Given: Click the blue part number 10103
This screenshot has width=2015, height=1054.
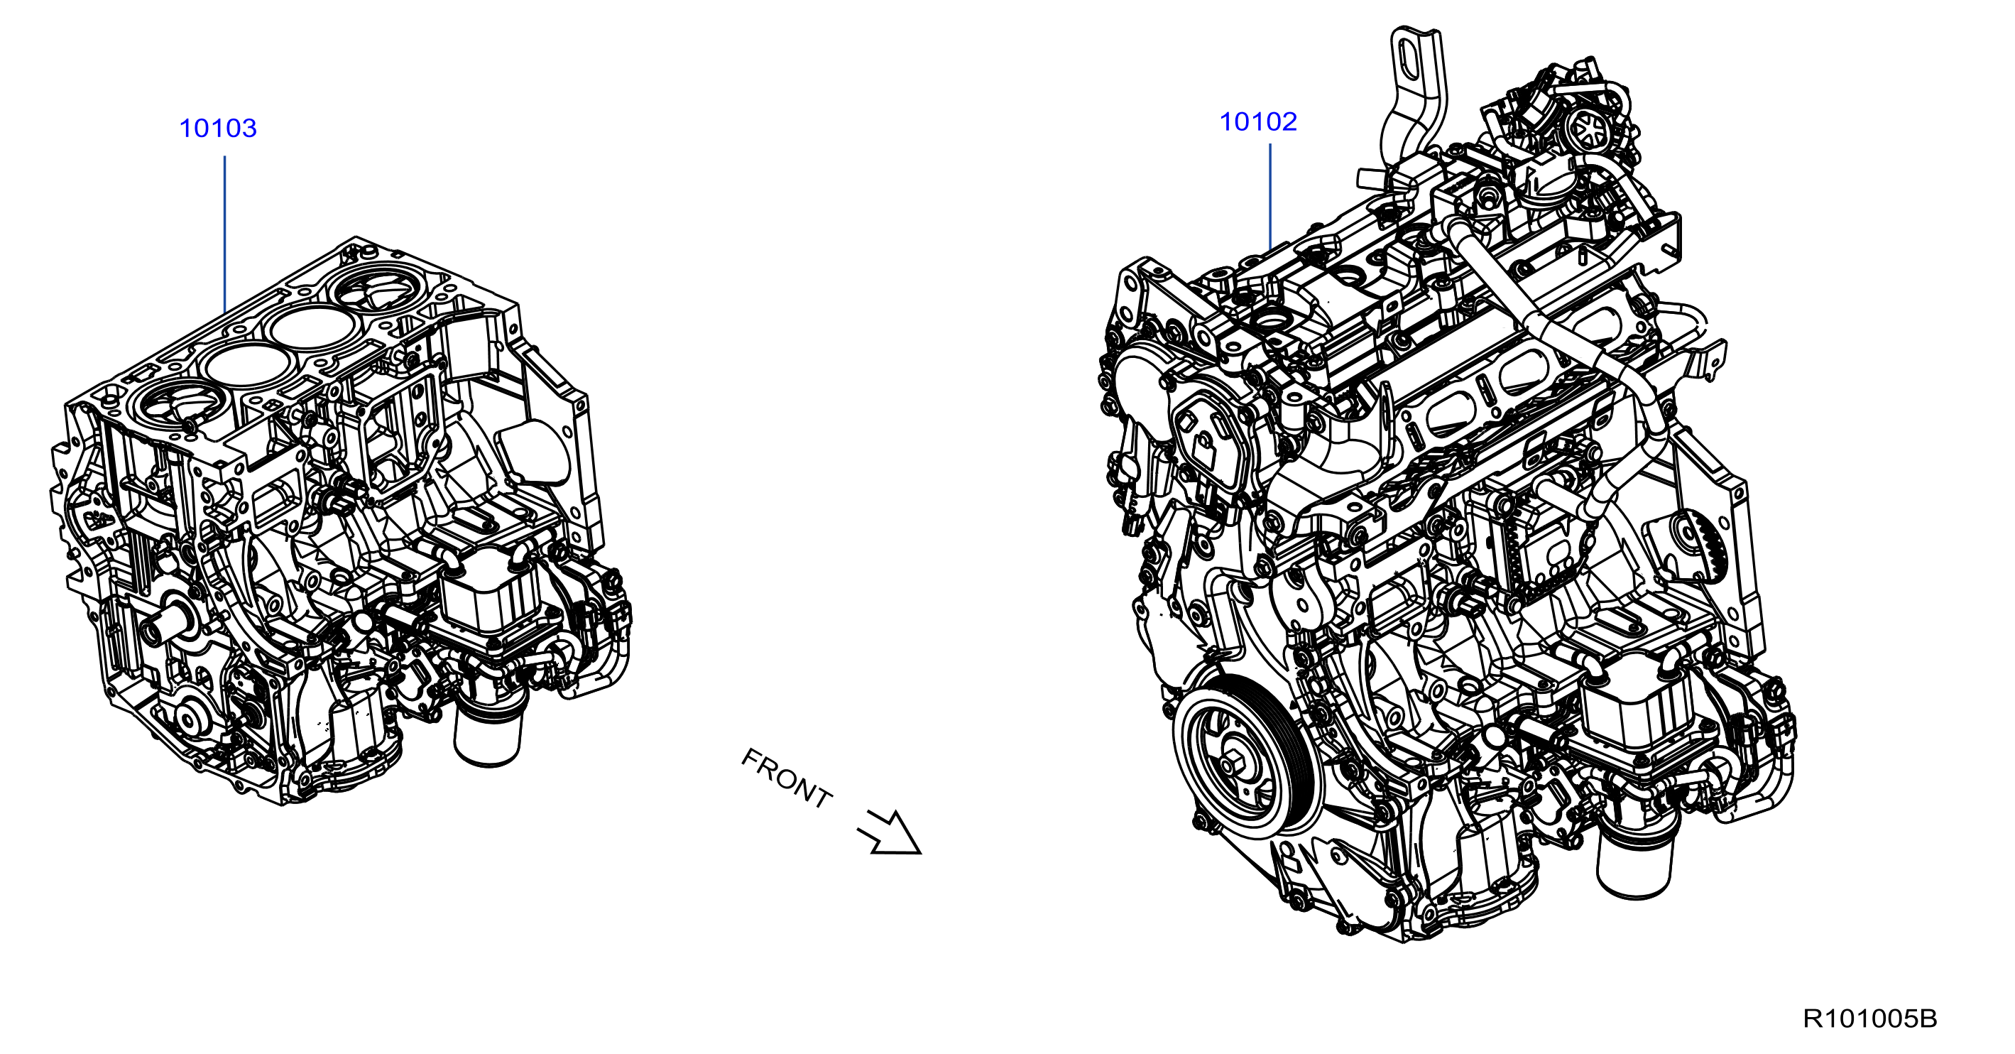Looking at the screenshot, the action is pos(218,129).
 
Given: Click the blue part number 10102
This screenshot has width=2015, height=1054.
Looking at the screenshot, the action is pos(1259,122).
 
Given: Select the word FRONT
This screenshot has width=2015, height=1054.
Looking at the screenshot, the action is pos(786,778).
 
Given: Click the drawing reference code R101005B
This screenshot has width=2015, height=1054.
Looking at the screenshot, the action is pos(1869,1018).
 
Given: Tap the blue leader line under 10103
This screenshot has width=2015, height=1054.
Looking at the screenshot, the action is pos(224,234).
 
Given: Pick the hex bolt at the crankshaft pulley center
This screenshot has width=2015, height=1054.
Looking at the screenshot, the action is pos(1235,764).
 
